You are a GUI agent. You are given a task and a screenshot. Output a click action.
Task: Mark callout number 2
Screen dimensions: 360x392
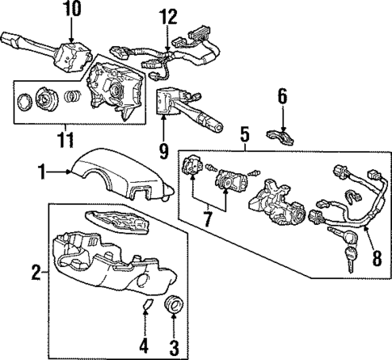(x=35, y=273)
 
